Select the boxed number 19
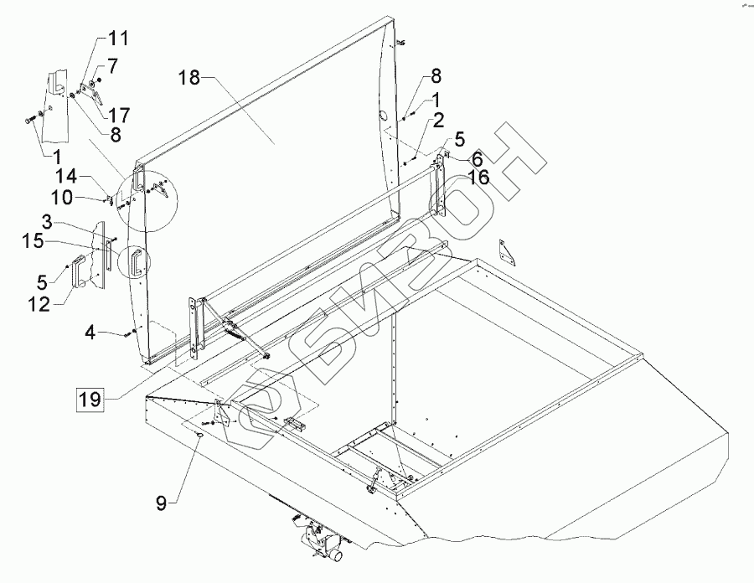coord(90,399)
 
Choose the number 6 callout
coord(475,157)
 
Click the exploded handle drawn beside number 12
coord(80,271)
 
